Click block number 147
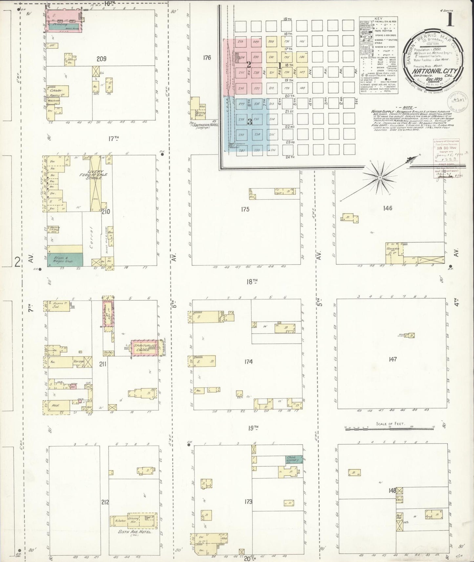393,359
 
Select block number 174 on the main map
248,362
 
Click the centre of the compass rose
379,178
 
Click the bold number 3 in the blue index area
250,122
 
